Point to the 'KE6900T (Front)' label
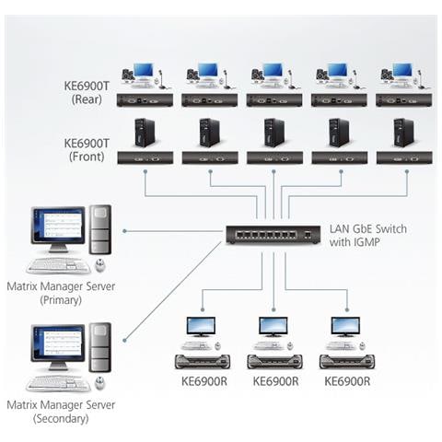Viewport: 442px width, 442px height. click(88, 150)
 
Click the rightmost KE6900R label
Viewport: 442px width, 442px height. click(346, 380)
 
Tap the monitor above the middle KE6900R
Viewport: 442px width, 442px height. click(273, 326)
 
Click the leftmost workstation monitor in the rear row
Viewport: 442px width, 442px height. click(143, 72)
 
